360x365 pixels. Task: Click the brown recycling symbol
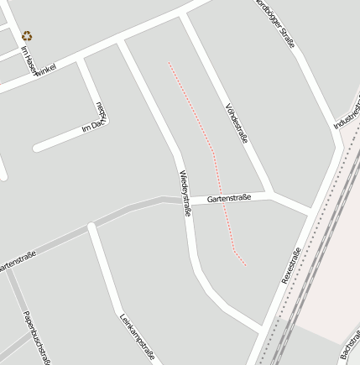[28, 36]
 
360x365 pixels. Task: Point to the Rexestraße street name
[291, 266]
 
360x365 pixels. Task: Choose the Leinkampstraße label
[137, 337]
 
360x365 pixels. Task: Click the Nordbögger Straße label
[277, 23]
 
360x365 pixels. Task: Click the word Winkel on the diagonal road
[44, 70]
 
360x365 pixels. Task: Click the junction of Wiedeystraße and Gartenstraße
[181, 201]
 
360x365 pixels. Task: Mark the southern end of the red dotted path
[245, 264]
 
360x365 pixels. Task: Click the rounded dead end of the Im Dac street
[37, 149]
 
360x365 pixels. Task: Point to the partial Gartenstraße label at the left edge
[17, 262]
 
